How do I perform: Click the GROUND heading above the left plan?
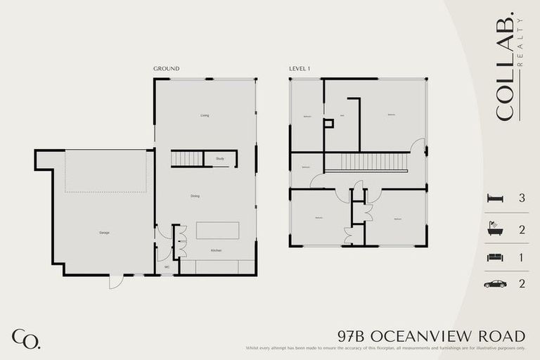click(166, 69)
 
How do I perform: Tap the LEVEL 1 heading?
click(300, 69)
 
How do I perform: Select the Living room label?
click(205, 115)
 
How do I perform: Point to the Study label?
click(220, 159)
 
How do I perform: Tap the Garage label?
click(104, 232)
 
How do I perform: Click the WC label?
click(167, 267)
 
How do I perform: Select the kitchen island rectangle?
click(217, 231)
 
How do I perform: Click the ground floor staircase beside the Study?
click(187, 159)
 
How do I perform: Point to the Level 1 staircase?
click(366, 162)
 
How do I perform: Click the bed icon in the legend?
click(495, 198)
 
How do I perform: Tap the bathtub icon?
click(495, 229)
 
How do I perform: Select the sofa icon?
click(495, 257)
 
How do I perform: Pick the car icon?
click(495, 284)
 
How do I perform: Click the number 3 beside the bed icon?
click(522, 198)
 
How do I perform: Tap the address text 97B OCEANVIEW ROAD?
click(431, 335)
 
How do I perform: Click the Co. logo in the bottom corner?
click(26, 338)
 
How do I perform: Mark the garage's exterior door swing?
click(116, 281)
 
